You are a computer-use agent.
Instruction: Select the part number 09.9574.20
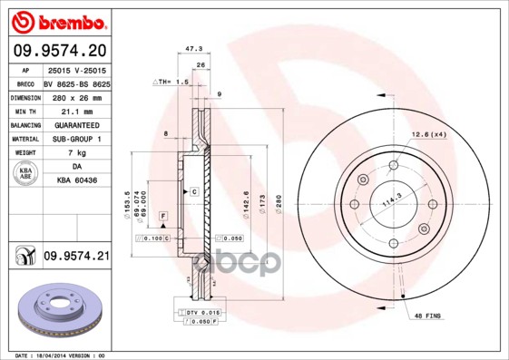[59, 50]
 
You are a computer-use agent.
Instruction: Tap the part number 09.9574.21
[76, 258]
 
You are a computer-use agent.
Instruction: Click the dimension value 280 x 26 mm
[76, 95]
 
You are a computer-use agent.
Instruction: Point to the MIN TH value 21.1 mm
[76, 110]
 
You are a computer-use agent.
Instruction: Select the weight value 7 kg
[76, 153]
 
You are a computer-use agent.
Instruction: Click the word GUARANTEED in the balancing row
[76, 124]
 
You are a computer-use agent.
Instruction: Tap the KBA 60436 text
[76, 181]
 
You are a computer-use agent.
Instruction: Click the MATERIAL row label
[24, 139]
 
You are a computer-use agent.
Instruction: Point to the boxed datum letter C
[193, 193]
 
